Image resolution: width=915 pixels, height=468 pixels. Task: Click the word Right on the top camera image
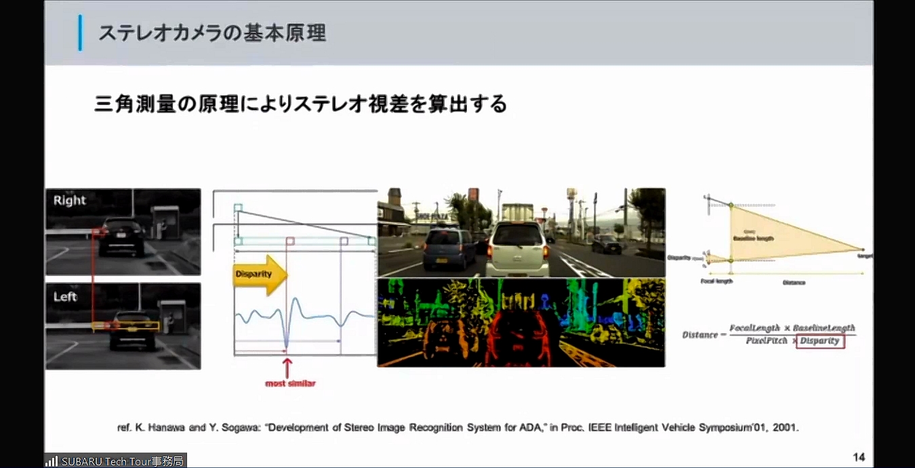tap(70, 200)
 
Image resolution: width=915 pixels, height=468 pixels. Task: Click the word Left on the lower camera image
tap(66, 296)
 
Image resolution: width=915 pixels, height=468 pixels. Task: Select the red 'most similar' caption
tap(290, 384)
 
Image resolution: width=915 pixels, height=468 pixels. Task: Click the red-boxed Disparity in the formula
tap(819, 340)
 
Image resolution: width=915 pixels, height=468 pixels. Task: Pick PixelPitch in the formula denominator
tap(767, 340)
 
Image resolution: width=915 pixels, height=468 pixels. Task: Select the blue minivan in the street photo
tap(449, 248)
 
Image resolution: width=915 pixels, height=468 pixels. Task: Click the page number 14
tap(859, 456)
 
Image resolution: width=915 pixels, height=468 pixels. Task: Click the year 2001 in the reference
tap(788, 428)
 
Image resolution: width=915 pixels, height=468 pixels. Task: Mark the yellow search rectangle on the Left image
tap(126, 326)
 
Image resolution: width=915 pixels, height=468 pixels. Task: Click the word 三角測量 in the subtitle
tap(135, 104)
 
